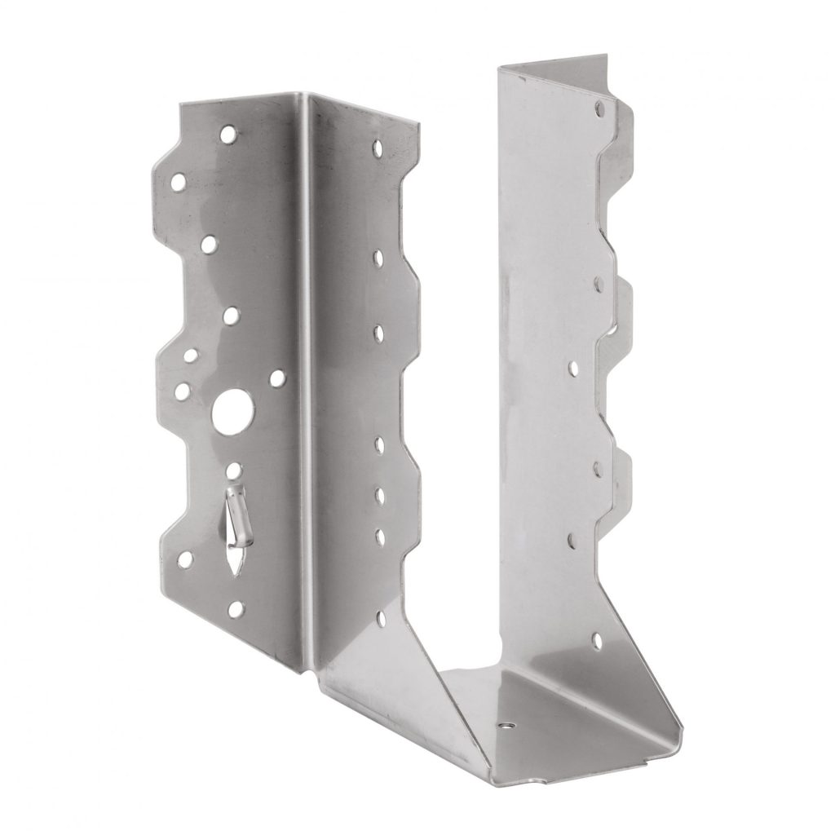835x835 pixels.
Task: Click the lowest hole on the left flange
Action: [236, 607]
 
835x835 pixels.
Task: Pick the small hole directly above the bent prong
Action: [234, 471]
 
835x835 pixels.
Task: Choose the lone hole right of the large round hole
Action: [277, 378]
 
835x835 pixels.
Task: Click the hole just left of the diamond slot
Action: [185, 559]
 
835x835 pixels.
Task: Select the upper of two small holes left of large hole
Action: [190, 356]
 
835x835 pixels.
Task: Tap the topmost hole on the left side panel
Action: [378, 148]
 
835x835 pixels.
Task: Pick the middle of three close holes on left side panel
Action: [380, 494]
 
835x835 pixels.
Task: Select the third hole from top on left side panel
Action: [379, 332]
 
